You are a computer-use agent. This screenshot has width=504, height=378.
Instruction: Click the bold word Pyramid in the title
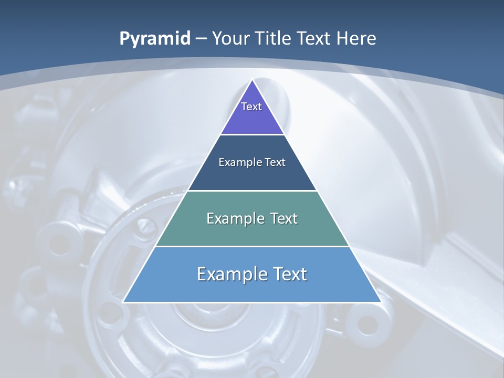(155, 39)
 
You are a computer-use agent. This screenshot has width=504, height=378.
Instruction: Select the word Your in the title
(231, 39)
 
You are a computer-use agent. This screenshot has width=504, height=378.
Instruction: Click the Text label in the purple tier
(251, 107)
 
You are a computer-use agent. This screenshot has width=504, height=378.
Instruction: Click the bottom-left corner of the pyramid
(123, 302)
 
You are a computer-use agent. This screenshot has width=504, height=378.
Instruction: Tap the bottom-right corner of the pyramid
(381, 302)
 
